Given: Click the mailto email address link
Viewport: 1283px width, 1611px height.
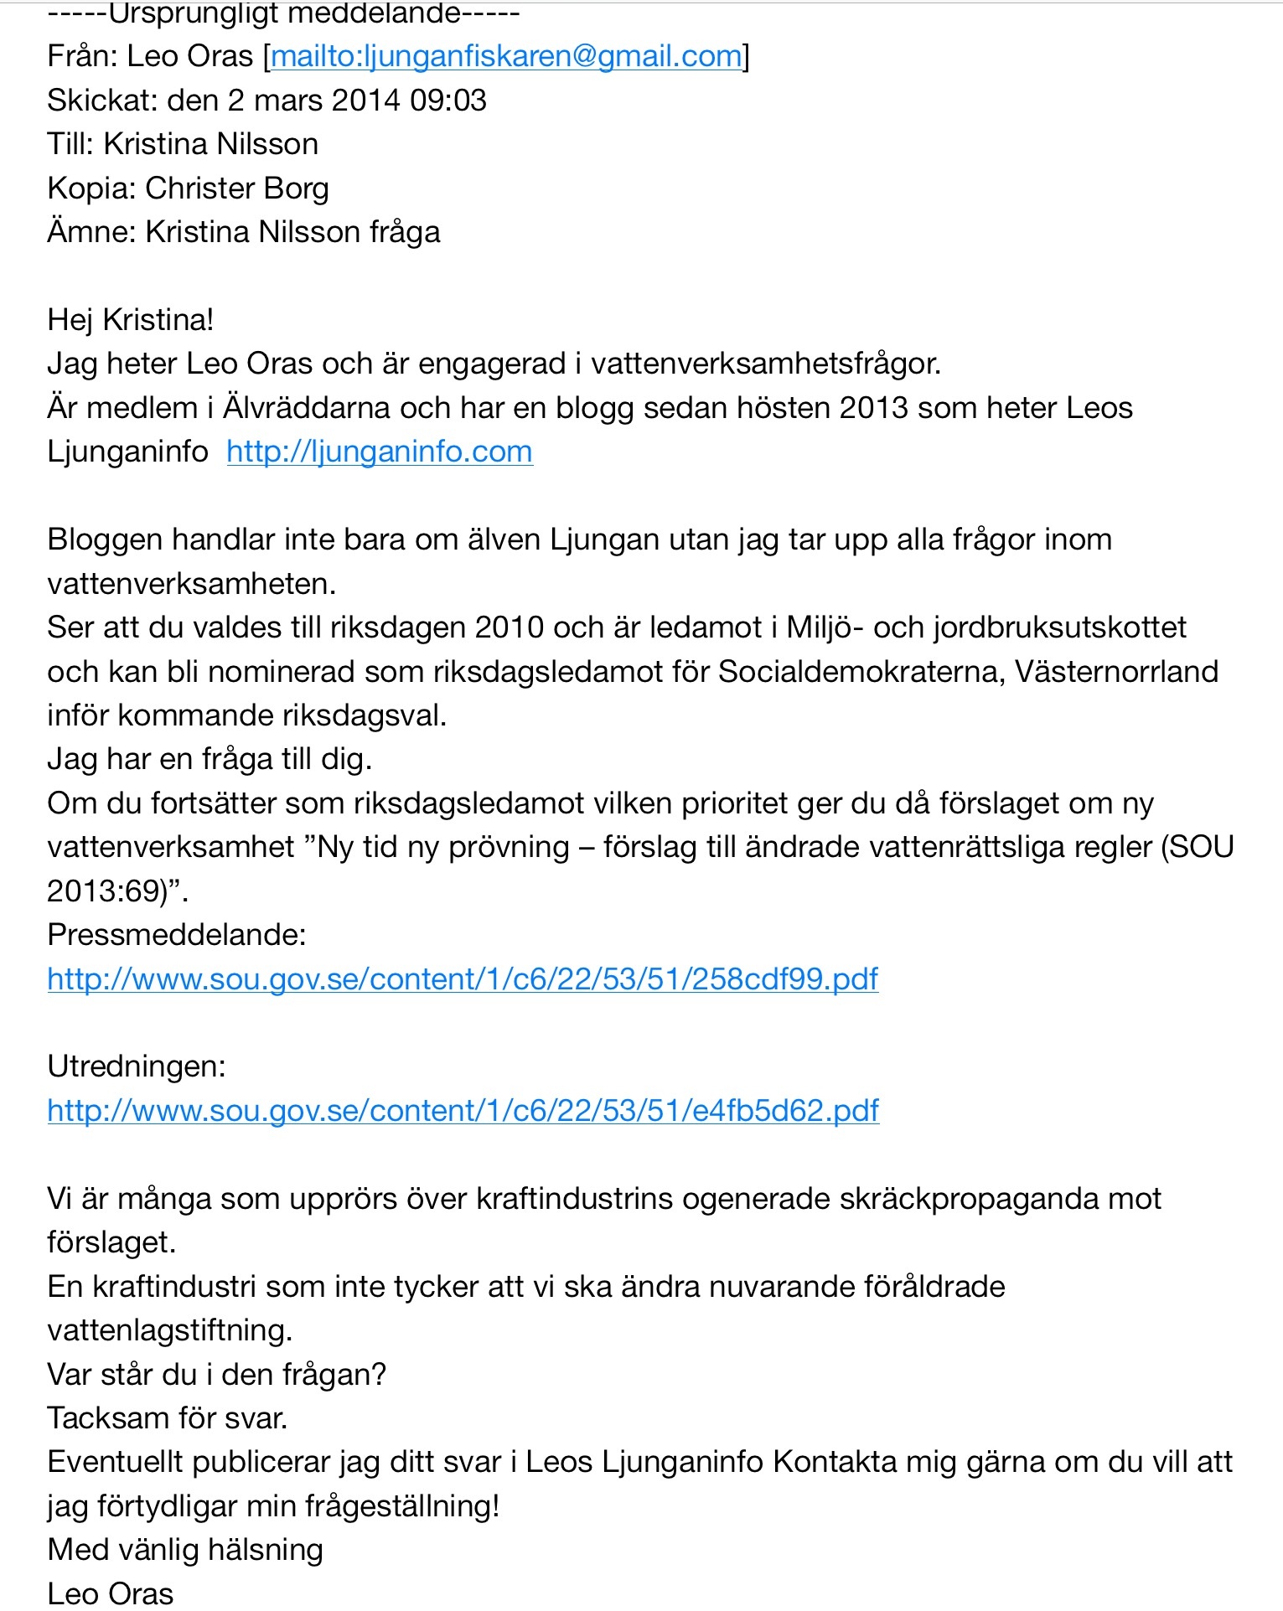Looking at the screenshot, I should point(506,56).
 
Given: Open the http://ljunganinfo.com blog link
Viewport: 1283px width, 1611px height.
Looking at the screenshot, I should point(379,452).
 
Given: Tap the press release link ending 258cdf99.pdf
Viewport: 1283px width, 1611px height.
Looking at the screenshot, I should point(463,978).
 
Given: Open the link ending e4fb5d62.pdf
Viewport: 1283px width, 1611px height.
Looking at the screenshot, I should point(463,1110).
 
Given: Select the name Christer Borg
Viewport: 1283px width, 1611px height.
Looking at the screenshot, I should point(236,188).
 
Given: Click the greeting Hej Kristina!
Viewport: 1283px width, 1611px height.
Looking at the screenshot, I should point(131,320).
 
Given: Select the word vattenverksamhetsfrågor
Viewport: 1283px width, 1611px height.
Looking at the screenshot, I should point(766,364).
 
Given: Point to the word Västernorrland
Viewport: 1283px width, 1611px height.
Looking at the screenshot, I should point(1116,672).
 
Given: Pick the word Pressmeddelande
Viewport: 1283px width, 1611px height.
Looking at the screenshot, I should point(176,934).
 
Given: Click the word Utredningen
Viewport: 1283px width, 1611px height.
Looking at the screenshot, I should point(136,1066).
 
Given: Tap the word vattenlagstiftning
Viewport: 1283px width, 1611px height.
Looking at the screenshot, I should point(169,1330).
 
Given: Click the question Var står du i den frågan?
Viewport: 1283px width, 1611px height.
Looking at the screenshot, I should point(216,1374).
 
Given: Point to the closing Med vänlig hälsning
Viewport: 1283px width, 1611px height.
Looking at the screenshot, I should point(185,1550).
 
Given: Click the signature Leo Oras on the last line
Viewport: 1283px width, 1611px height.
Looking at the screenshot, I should point(111,1593).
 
